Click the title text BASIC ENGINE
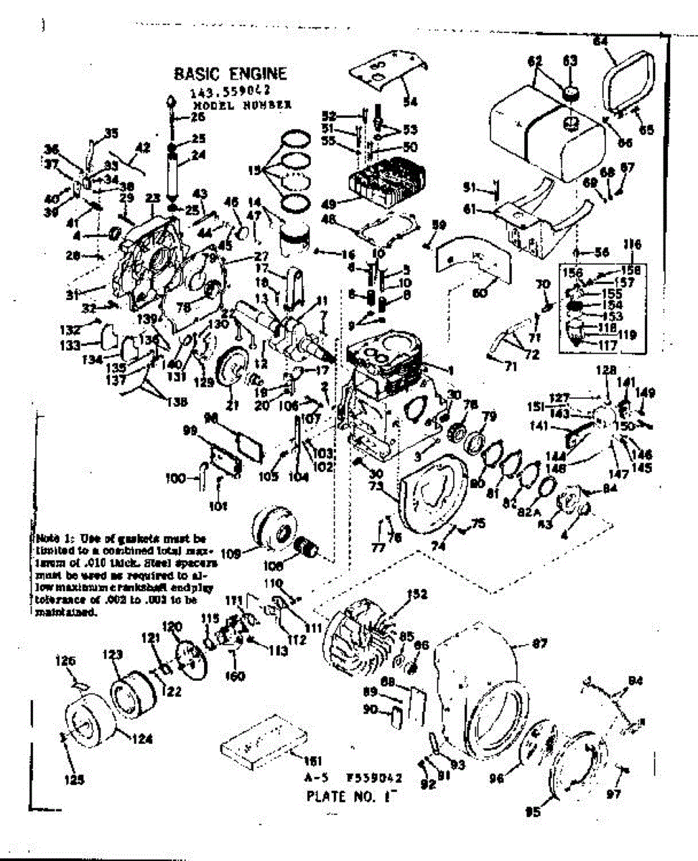(x=230, y=74)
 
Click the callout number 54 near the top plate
(x=411, y=101)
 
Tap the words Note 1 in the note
(x=52, y=537)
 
